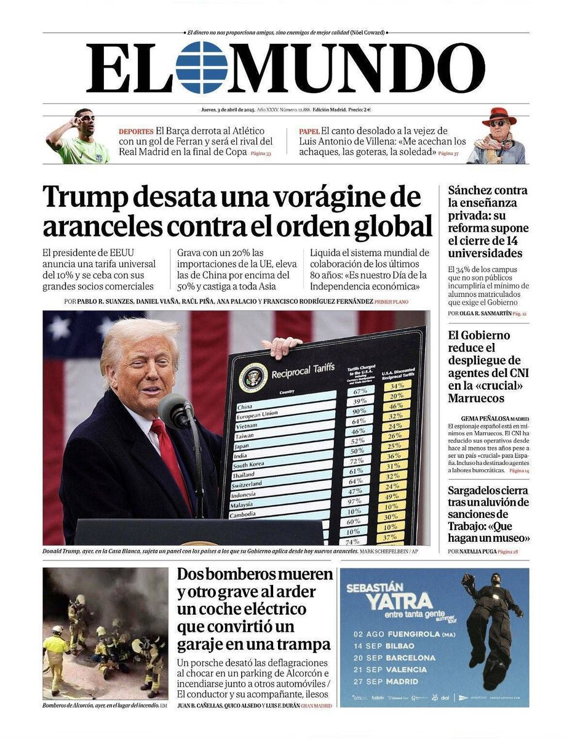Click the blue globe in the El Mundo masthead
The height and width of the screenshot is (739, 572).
[x=201, y=68]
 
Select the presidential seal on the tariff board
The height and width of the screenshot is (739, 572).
[x=253, y=377]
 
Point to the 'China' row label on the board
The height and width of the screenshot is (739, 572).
[x=245, y=406]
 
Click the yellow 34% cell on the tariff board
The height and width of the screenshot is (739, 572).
[x=397, y=386]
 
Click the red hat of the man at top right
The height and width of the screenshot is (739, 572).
[x=499, y=115]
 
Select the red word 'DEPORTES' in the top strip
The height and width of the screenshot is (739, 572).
[x=136, y=131]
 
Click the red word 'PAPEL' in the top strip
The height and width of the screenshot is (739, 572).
[x=309, y=131]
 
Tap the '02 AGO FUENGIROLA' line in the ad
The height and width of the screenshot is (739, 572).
[x=404, y=634]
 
